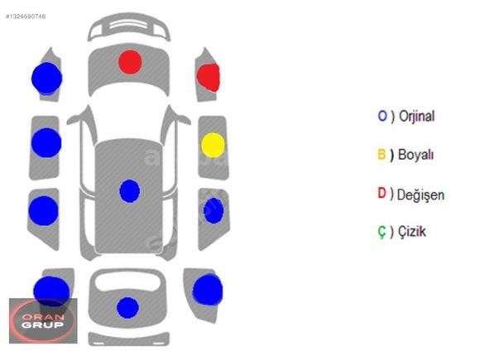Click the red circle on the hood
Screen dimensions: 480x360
[x=130, y=62]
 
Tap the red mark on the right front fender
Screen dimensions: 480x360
[x=209, y=78]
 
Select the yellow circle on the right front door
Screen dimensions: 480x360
[x=213, y=145]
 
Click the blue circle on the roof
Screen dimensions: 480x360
[x=129, y=191]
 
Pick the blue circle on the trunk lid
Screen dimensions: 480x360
[x=127, y=308]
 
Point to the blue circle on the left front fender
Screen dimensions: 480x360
[x=47, y=79]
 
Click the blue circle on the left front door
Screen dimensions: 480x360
[x=46, y=143]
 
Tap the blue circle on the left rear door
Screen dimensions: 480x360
[x=44, y=211]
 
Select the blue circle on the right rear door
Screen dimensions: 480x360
[x=214, y=210]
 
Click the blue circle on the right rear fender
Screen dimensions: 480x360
[x=208, y=290]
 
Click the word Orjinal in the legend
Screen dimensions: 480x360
[x=416, y=117]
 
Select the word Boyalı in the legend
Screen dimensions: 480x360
[x=415, y=155]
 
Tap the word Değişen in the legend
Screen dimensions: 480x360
[x=420, y=194]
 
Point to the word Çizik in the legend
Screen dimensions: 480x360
[x=412, y=232]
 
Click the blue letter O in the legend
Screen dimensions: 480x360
[x=382, y=116]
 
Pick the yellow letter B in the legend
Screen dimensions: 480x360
[x=382, y=154]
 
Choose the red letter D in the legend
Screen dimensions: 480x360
[x=382, y=193]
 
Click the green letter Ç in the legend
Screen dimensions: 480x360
[x=382, y=232]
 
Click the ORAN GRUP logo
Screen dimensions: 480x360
[x=43, y=320]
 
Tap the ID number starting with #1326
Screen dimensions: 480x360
[x=26, y=17]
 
